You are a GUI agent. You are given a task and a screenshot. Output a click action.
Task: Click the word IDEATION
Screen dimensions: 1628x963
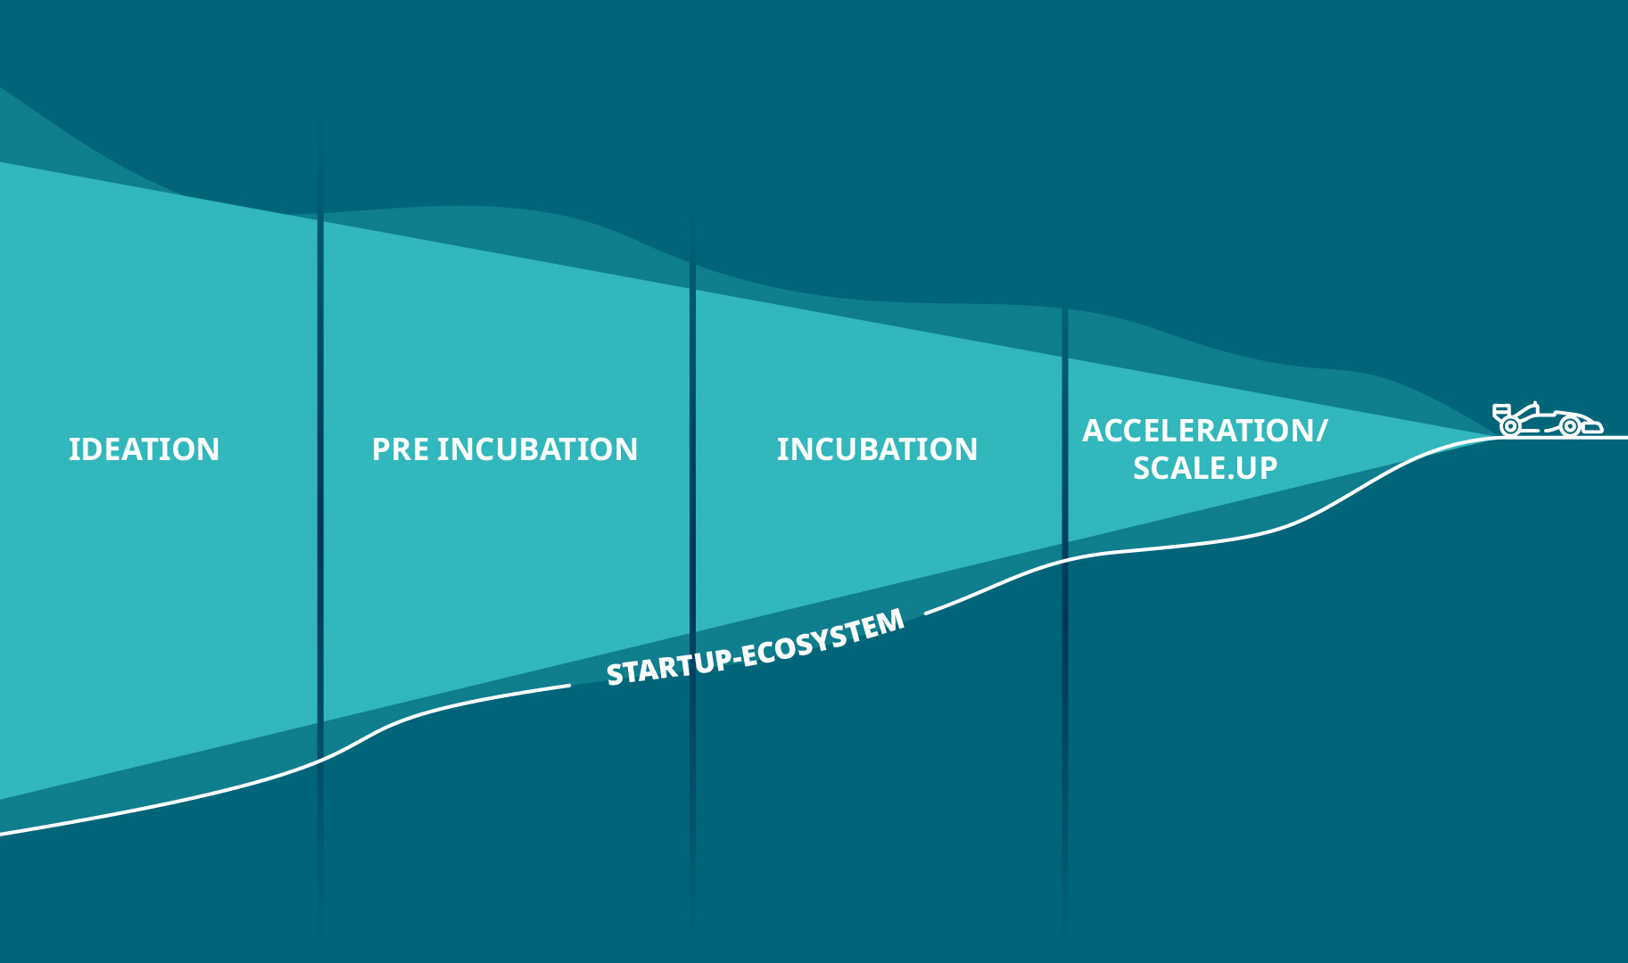(144, 449)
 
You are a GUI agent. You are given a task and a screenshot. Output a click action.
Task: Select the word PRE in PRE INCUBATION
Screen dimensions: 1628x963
(400, 449)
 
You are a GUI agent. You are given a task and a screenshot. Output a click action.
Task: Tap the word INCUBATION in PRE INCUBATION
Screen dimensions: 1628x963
(537, 449)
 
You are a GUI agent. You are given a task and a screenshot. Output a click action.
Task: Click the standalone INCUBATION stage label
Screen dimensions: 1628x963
(877, 449)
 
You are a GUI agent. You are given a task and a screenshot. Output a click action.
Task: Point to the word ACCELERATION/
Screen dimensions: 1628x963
(1204, 432)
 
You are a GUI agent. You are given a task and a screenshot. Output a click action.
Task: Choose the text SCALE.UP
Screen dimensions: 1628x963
(1205, 468)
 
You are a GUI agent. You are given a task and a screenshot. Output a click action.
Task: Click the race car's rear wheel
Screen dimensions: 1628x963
(1509, 426)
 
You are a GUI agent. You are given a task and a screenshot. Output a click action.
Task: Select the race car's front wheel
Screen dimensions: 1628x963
(1569, 426)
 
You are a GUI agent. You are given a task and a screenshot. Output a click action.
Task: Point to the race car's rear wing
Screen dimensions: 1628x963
(1502, 411)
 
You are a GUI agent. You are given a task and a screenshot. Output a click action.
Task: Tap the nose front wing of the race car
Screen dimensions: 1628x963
(1593, 428)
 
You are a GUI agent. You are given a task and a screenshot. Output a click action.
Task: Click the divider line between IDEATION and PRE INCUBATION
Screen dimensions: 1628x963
(321, 526)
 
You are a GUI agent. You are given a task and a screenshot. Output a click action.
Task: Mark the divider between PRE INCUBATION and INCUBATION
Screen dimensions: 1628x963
(692, 571)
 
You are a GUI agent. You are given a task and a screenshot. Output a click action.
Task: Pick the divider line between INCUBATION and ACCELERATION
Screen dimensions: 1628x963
(1064, 615)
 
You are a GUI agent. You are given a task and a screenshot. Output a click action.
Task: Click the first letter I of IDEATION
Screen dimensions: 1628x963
(72, 449)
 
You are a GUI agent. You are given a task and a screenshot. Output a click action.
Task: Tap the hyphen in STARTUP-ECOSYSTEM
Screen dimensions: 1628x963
(734, 658)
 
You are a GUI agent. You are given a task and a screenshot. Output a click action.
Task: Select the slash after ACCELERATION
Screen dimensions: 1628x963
(1321, 432)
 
